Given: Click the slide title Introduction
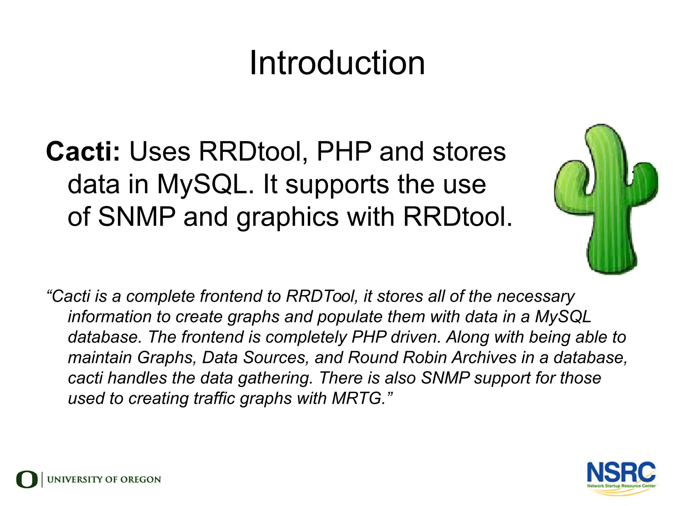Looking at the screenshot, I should [337, 63].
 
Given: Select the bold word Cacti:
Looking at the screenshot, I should [83, 152].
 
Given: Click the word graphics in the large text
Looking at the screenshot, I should [287, 218].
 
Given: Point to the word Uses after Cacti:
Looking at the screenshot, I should [160, 152].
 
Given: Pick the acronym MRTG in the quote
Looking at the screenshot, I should [356, 398].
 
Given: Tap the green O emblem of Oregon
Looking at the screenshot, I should [27, 479].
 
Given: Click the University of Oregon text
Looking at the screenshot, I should [104, 480].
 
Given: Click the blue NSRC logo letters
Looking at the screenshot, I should [621, 473].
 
